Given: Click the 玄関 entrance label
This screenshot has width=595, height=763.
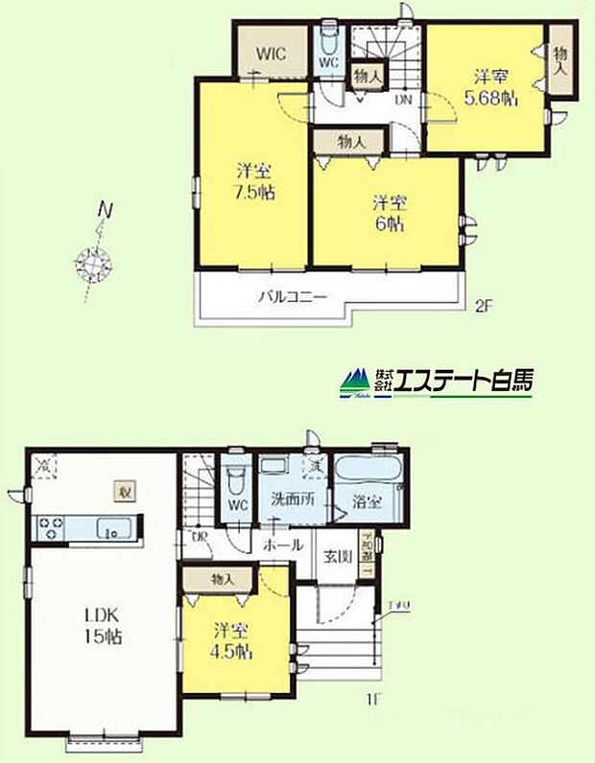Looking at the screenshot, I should coord(337,557).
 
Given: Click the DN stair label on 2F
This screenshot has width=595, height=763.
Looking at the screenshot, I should coord(404,99).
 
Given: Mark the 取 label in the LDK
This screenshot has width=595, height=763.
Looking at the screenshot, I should coord(125,492).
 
